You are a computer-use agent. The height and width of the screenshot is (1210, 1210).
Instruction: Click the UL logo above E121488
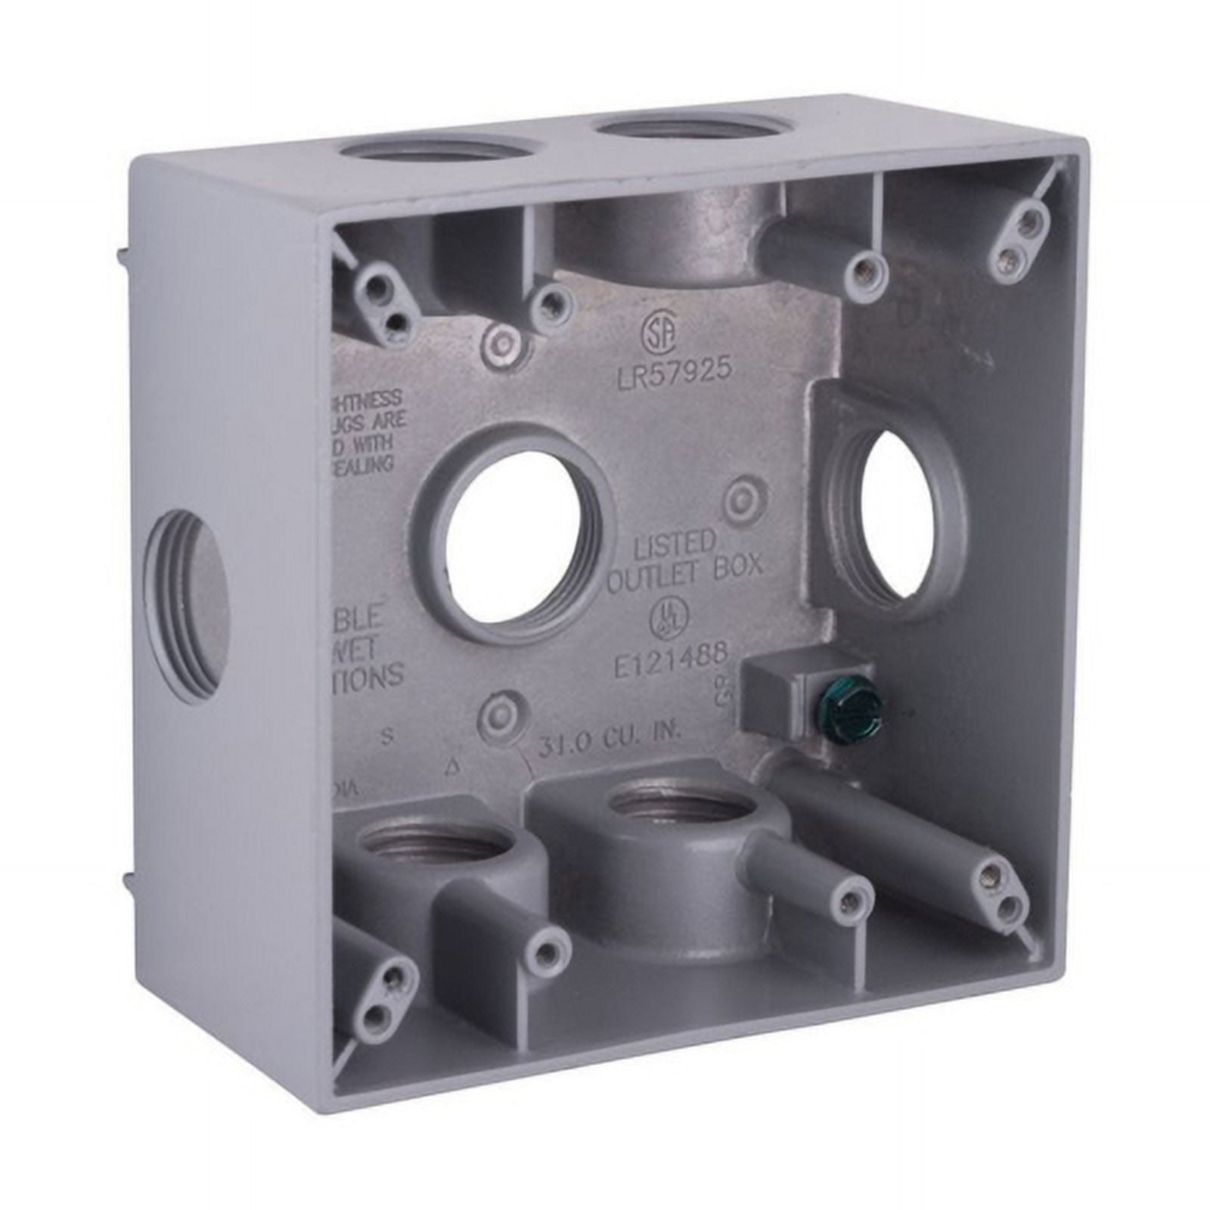click(x=664, y=620)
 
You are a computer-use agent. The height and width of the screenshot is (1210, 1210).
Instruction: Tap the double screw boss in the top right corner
click(x=1014, y=240)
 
